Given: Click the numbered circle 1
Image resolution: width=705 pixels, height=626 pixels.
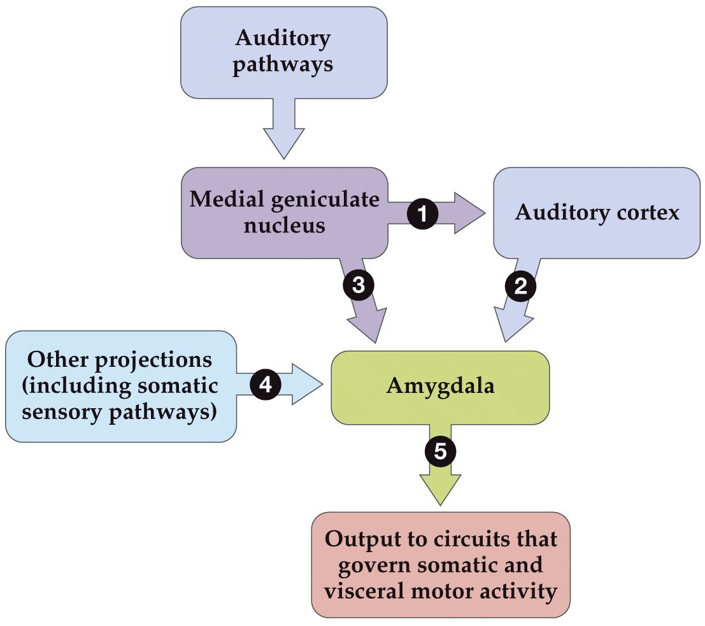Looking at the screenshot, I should click(423, 213).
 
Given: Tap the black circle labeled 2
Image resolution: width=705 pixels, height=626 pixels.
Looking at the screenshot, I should click(520, 287).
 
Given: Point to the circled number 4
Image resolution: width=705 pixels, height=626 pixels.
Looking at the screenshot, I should click(265, 385).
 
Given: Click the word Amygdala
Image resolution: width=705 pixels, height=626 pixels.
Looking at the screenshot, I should click(440, 387).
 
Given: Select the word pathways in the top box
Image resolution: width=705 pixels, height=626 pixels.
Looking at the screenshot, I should click(283, 65).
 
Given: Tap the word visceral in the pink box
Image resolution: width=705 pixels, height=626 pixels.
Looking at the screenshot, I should click(363, 592).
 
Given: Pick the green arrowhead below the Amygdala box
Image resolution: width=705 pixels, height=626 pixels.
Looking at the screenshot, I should click(440, 491).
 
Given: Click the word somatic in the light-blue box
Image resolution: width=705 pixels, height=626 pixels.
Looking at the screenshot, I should click(179, 386).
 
